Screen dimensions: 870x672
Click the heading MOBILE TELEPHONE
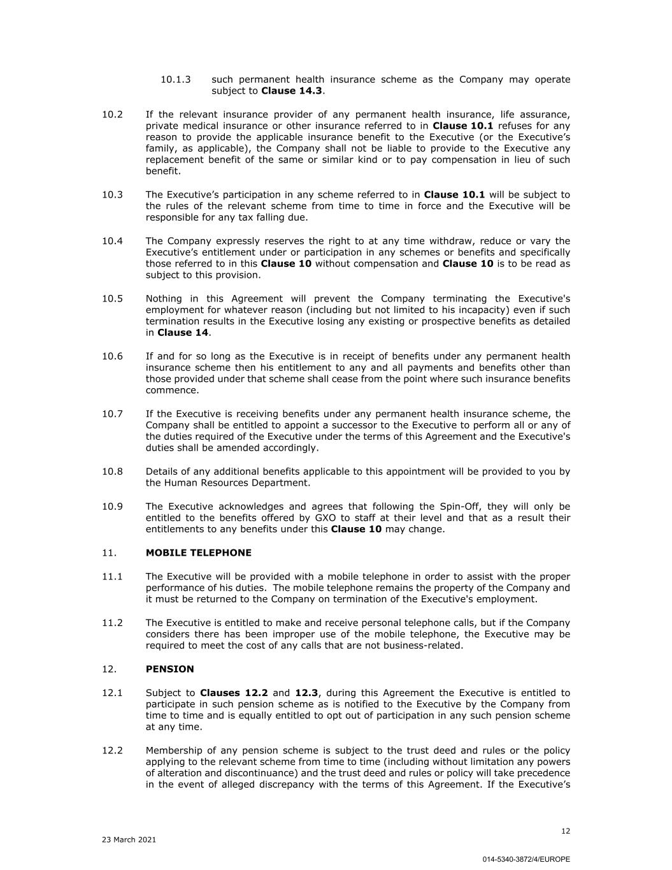coord(198,553)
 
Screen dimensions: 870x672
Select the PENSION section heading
coord(169,669)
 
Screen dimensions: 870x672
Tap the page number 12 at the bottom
coord(566,830)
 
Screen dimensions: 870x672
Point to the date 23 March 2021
coord(129,839)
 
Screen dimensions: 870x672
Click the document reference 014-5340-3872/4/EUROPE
coord(526,859)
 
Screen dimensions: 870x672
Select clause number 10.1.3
coord(175,80)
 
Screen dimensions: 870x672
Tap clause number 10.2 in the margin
coord(112,114)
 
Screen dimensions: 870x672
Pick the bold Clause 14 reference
coord(183,333)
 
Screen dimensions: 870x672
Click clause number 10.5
coord(112,298)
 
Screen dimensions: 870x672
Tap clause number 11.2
coord(112,623)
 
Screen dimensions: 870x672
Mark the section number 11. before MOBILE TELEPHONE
coord(109,553)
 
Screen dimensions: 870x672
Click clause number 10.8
coord(112,472)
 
